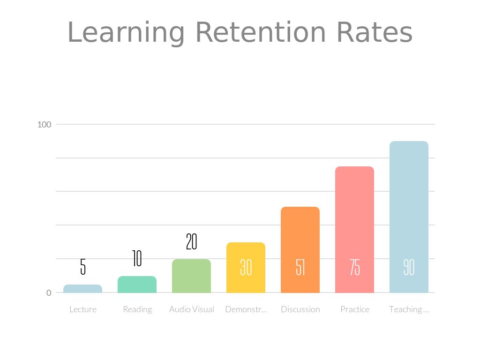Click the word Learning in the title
126,33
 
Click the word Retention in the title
260,33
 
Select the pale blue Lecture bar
83,289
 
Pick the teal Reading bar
137,285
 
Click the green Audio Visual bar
192,276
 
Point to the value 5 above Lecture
83,266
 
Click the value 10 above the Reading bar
137,258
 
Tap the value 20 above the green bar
191,241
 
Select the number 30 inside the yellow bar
246,267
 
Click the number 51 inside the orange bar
300,267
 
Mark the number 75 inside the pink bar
355,267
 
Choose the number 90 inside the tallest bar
409,267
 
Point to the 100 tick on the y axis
44,124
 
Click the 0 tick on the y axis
48,293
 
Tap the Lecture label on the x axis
83,309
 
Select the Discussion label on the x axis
300,309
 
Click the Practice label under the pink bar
355,309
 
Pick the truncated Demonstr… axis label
246,309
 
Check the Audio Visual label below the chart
192,309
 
